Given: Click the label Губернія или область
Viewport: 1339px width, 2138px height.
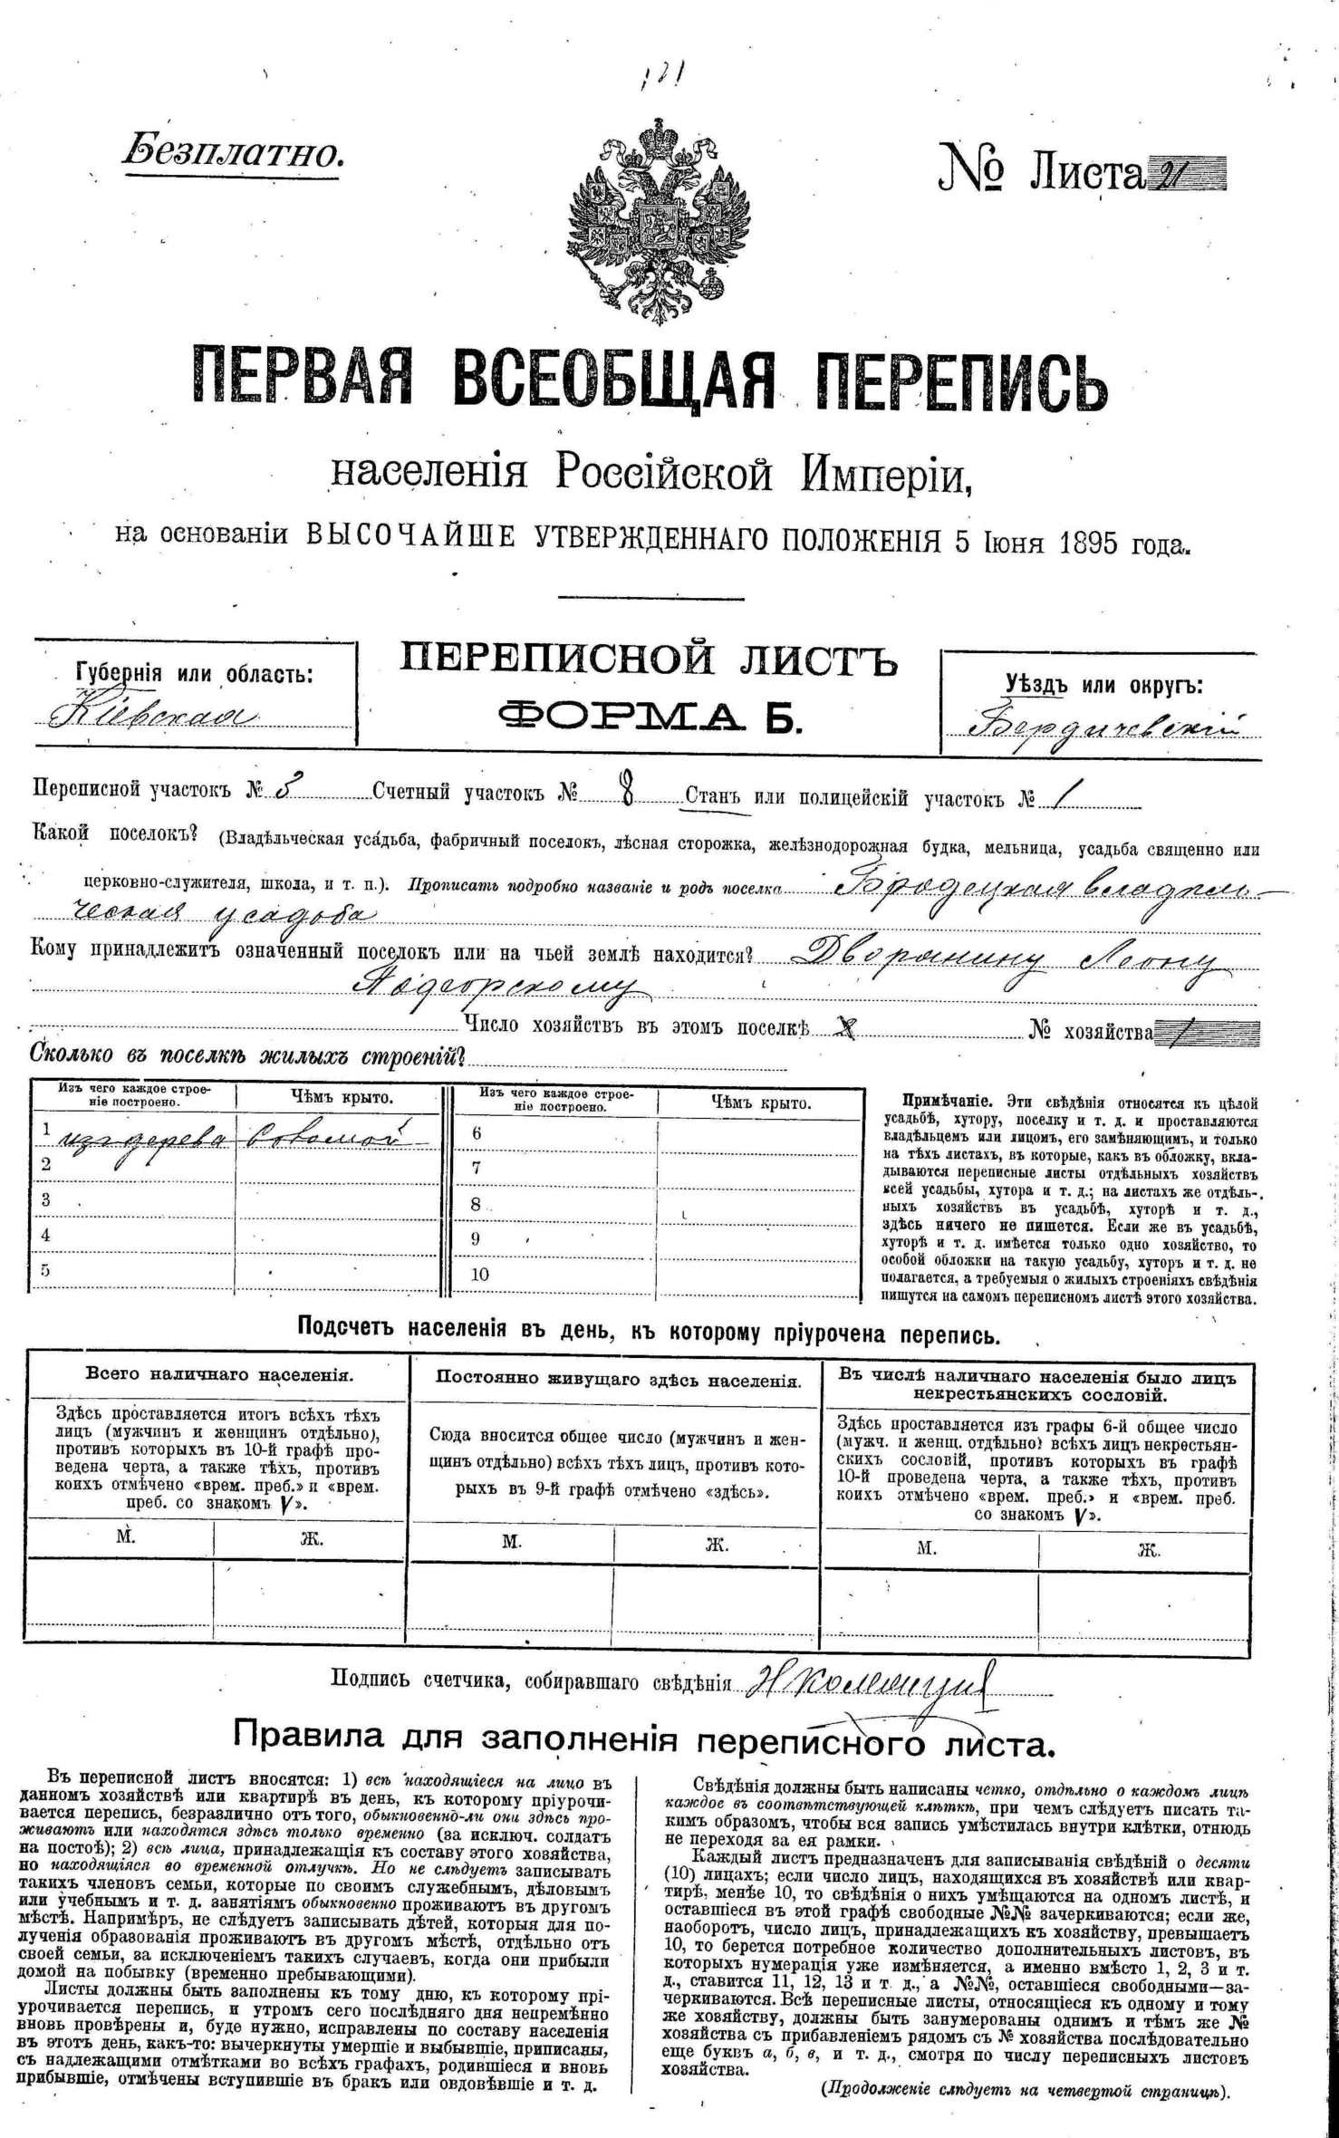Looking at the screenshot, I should point(195,674).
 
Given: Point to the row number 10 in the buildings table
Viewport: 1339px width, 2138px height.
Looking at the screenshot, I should point(480,1274).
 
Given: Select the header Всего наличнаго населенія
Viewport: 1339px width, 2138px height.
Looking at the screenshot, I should point(218,1373).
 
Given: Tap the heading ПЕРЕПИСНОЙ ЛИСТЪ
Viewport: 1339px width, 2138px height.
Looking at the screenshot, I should point(649,660).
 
